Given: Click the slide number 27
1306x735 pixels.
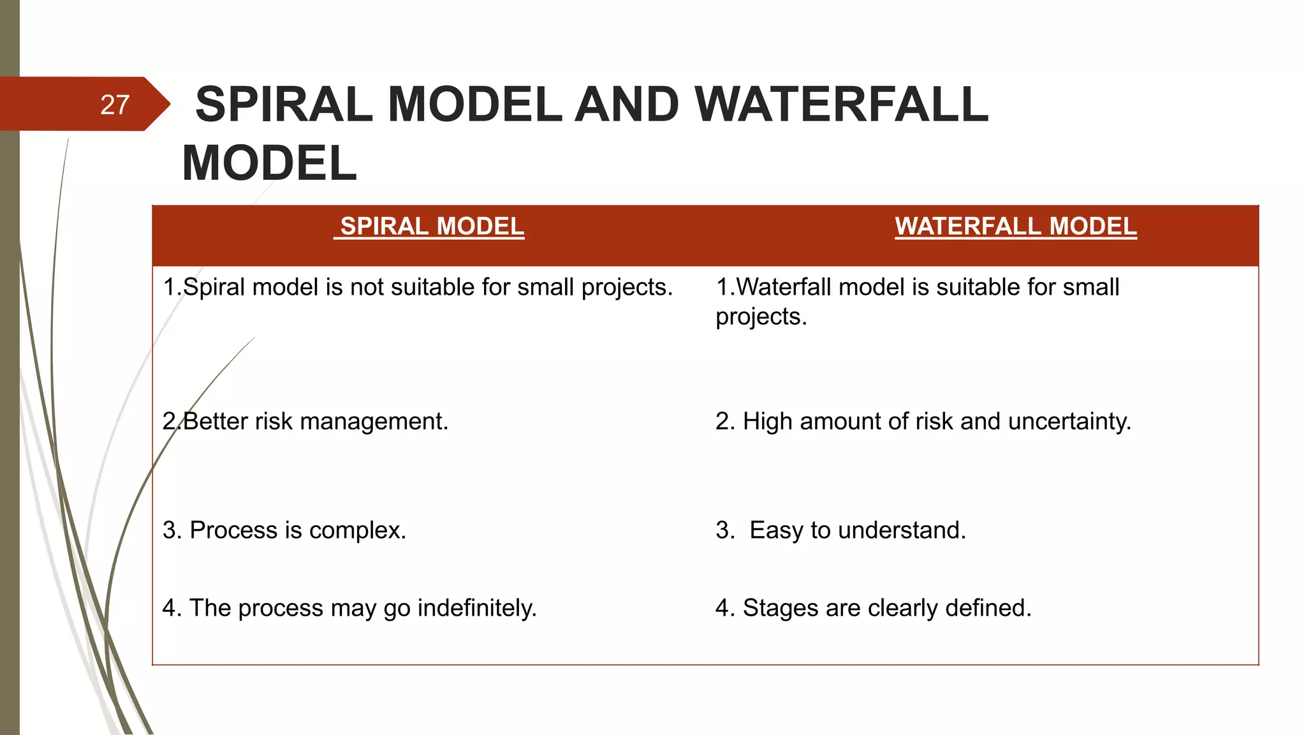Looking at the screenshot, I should tap(115, 105).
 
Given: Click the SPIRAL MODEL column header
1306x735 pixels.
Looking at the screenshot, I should tap(432, 226).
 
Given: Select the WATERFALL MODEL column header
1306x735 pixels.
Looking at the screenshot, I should tap(1015, 226).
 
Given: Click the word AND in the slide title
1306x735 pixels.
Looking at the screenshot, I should tap(627, 105).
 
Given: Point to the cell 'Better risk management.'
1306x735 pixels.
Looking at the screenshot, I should tap(305, 422).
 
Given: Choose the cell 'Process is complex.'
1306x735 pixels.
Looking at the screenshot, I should tap(284, 530).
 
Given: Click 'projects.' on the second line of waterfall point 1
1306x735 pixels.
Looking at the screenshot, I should tap(761, 317).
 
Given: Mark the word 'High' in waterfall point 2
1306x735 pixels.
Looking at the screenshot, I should tap(767, 422).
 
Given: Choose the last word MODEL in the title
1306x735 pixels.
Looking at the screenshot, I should tap(269, 163).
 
